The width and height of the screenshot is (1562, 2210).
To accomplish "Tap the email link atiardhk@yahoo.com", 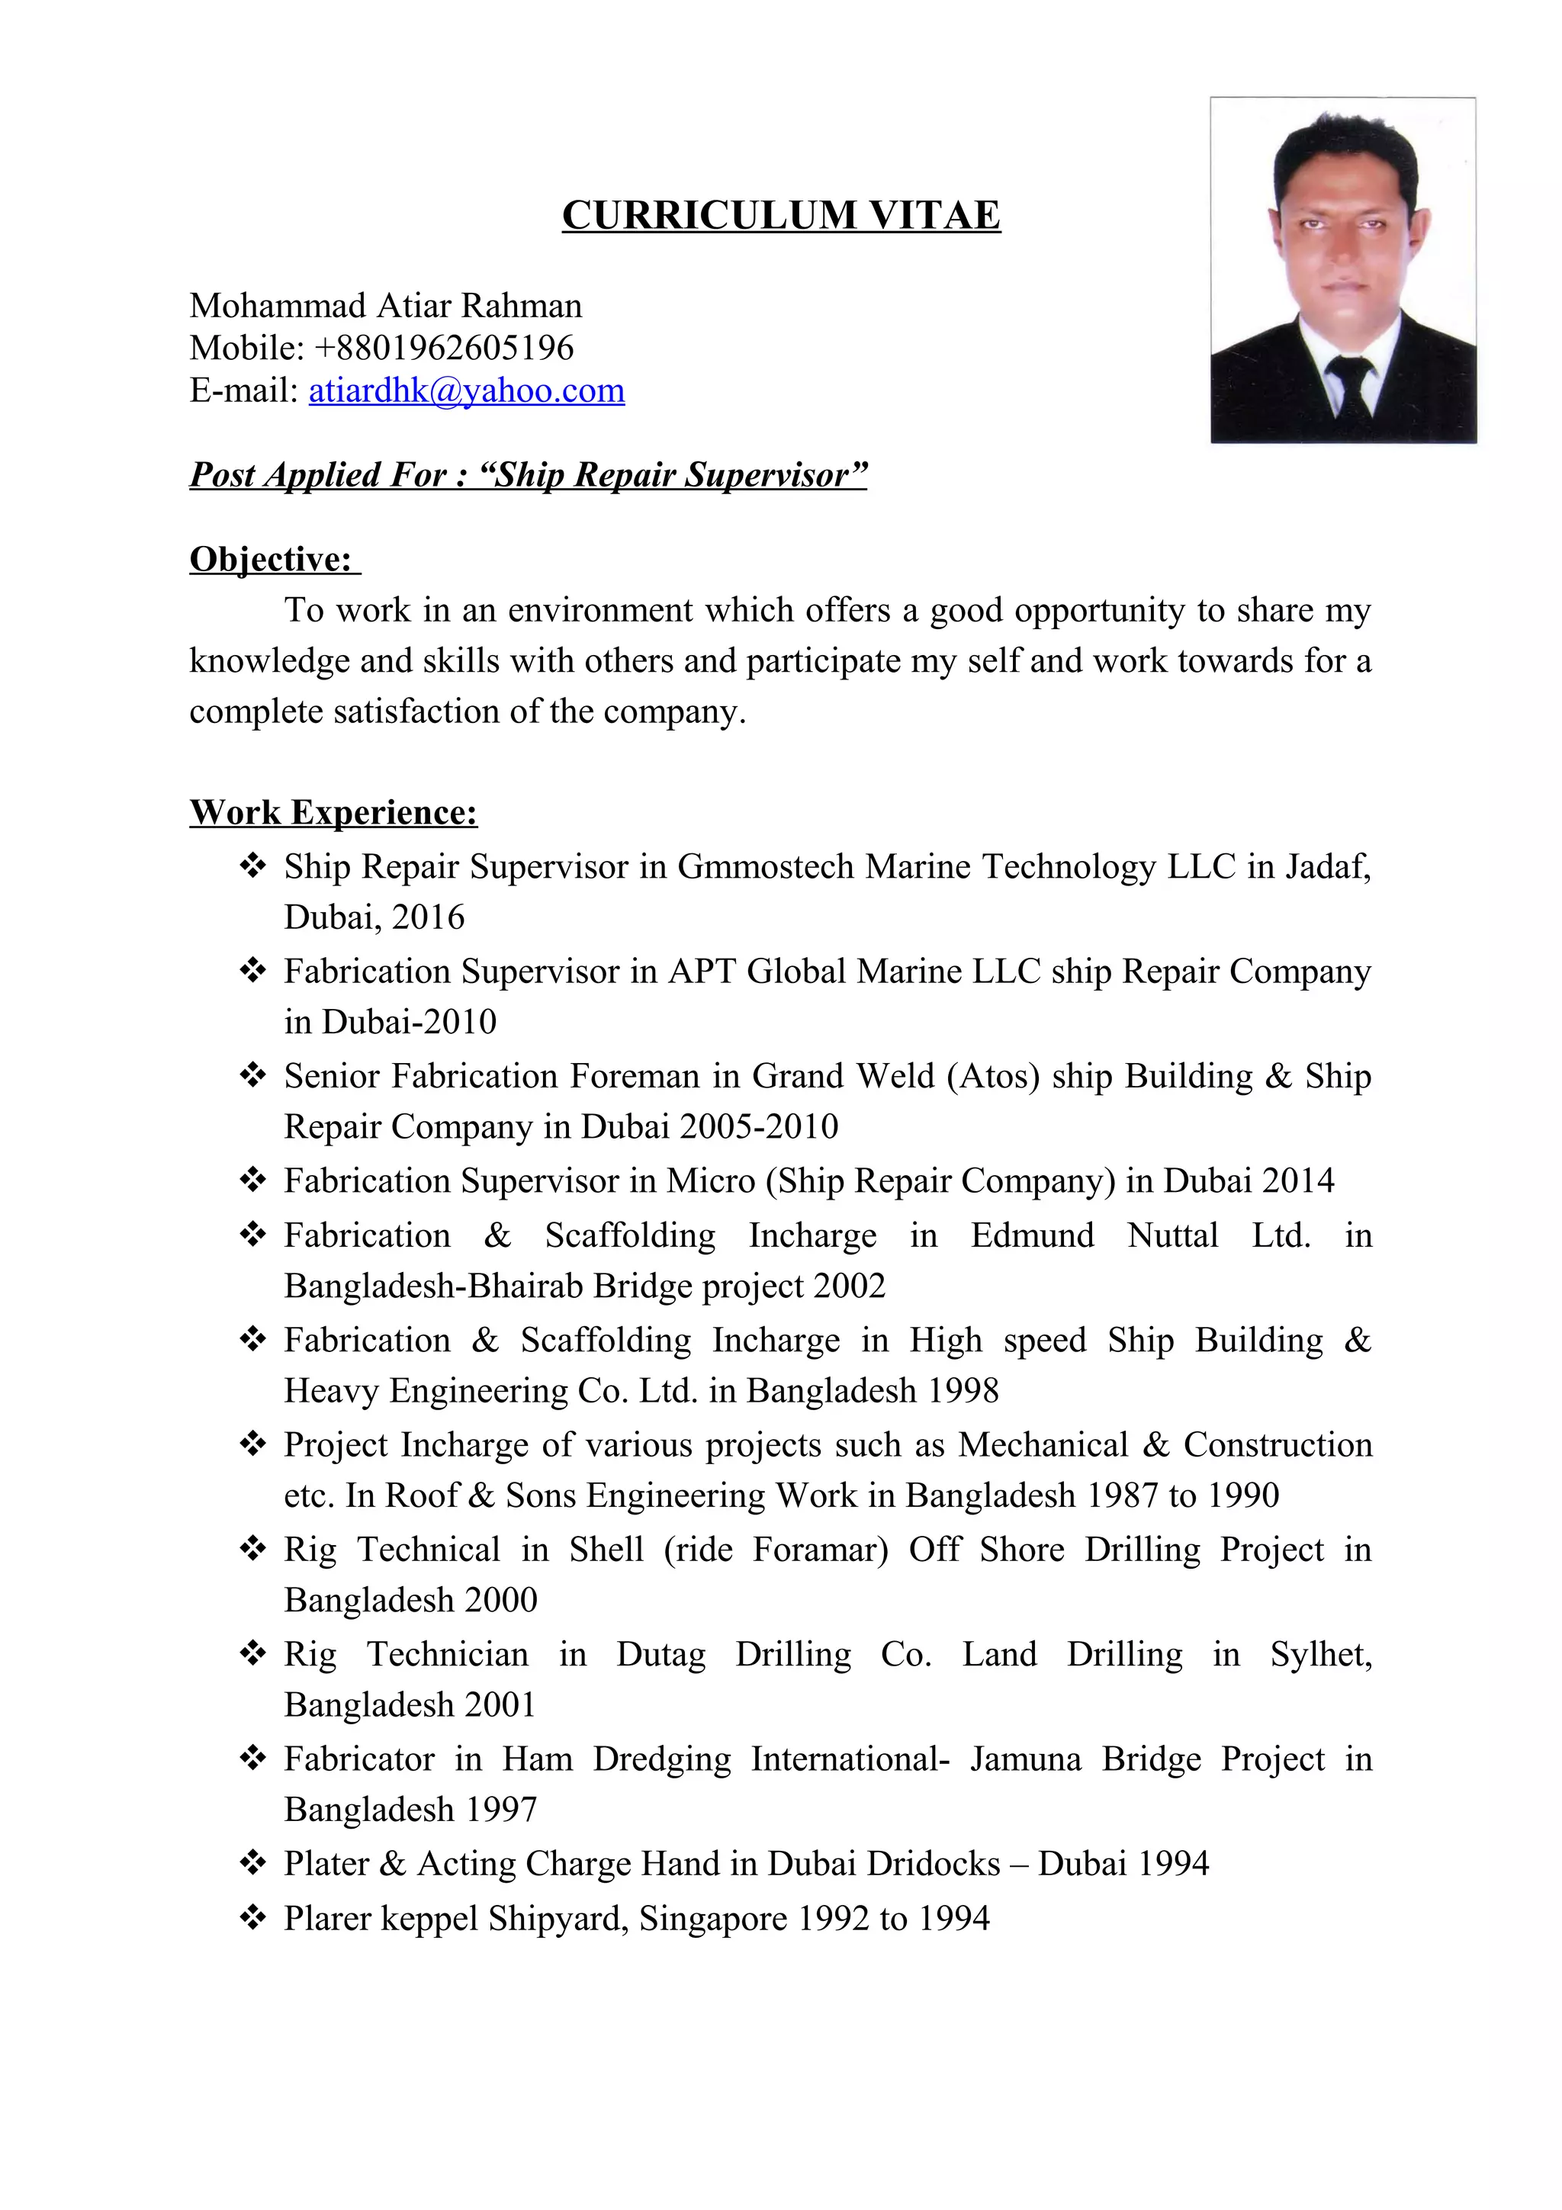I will click(466, 390).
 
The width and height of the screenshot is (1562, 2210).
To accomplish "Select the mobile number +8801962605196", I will click(444, 348).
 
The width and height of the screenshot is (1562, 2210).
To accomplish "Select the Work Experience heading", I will click(333, 812).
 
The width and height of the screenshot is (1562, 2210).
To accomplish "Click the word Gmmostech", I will click(765, 867).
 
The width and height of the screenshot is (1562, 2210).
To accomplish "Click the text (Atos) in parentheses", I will click(993, 1076).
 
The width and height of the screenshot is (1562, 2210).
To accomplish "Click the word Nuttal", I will click(1172, 1235).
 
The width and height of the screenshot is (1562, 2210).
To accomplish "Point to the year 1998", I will click(963, 1391).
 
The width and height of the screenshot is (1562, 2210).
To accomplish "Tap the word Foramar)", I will click(820, 1550).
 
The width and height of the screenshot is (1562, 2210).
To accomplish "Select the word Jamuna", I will click(1025, 1759).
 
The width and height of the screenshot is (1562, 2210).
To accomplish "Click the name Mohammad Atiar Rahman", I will click(385, 306).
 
